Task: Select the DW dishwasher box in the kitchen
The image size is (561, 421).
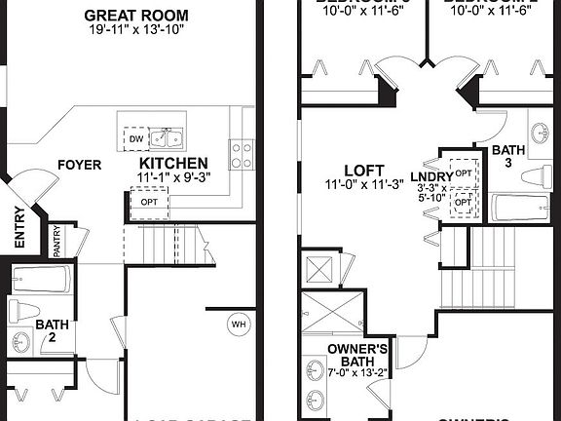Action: (x=135, y=139)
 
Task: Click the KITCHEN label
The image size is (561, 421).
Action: (x=174, y=163)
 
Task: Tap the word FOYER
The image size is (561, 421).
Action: (x=78, y=165)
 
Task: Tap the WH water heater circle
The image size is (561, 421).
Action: (x=238, y=324)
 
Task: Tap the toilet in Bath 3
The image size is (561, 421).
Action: (x=539, y=176)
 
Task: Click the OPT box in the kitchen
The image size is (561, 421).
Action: (x=149, y=202)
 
